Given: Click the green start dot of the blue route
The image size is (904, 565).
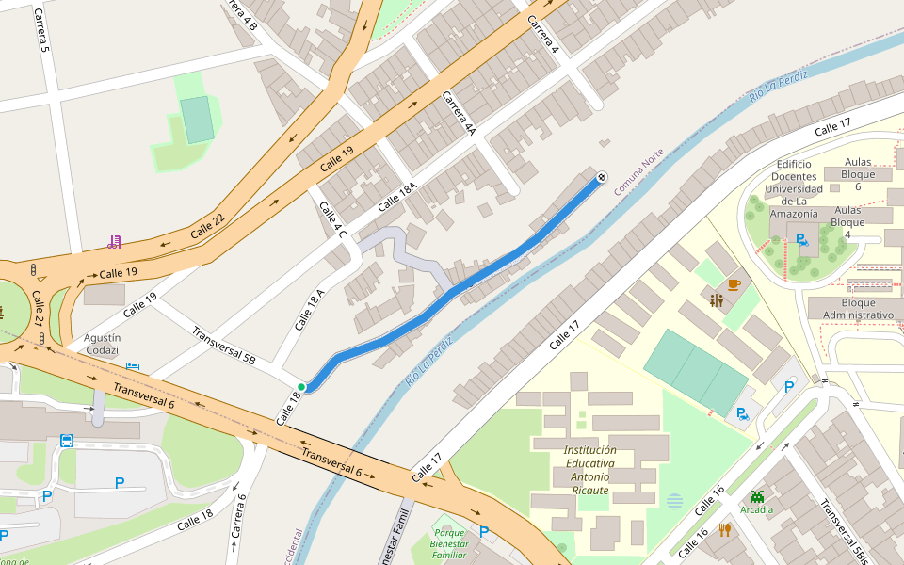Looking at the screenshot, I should pyautogui.click(x=301, y=387).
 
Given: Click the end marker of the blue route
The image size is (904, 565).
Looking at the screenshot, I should pyautogui.click(x=601, y=177).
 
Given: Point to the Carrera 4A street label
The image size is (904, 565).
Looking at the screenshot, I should pyautogui.click(x=459, y=114).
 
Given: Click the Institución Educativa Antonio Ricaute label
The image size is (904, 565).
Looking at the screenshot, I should pyautogui.click(x=590, y=470).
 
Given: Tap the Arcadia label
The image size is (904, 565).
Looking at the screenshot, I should pyautogui.click(x=757, y=509).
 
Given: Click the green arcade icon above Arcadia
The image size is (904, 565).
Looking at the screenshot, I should pyautogui.click(x=757, y=495).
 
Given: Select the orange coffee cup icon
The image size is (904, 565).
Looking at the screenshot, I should pyautogui.click(x=734, y=283).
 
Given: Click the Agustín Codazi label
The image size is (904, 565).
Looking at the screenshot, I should pyautogui.click(x=102, y=344).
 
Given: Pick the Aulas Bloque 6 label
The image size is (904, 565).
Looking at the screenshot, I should pyautogui.click(x=858, y=174).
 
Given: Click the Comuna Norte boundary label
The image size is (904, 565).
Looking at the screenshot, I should pyautogui.click(x=639, y=171).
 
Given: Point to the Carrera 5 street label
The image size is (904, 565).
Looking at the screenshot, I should pyautogui.click(x=40, y=30).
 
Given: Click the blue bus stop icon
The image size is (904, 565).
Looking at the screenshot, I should pyautogui.click(x=67, y=440).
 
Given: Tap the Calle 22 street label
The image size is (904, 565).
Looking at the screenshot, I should pyautogui.click(x=208, y=225).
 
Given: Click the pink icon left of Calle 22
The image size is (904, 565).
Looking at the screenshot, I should pyautogui.click(x=115, y=242).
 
